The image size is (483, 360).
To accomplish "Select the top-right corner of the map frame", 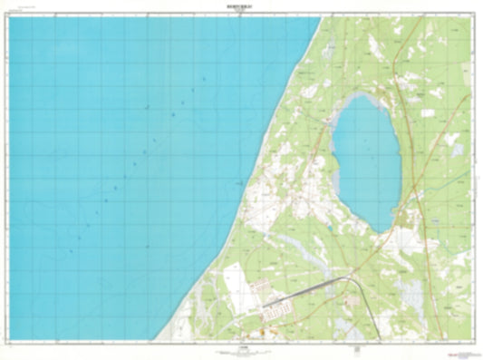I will (472, 16).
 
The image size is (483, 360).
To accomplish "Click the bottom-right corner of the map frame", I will (472, 340).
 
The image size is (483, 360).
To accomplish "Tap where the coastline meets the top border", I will (322, 16).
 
